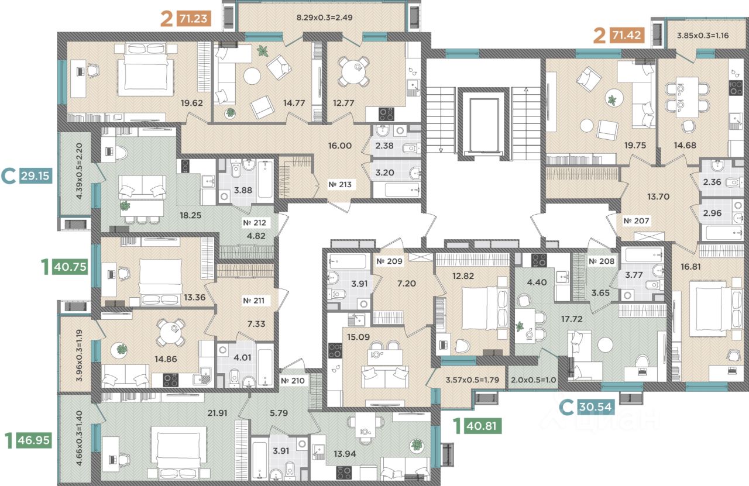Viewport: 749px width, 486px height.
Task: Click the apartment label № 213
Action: [340, 184]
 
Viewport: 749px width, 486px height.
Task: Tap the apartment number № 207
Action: [636, 220]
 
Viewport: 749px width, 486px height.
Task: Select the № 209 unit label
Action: [389, 261]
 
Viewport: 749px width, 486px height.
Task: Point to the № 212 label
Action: [255, 222]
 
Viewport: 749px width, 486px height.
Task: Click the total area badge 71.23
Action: [194, 18]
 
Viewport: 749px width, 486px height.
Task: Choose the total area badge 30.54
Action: [596, 407]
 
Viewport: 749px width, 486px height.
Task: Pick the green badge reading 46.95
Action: [33, 440]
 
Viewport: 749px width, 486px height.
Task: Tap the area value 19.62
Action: [191, 103]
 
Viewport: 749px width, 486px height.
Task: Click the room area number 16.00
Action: [340, 146]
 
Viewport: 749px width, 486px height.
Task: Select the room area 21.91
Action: [217, 413]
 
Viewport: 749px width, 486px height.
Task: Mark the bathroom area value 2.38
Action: [384, 146]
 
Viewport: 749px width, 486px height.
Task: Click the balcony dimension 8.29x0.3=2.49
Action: [324, 18]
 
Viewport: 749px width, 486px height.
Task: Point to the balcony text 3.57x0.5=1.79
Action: [472, 380]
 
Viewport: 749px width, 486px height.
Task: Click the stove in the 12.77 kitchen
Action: [386, 114]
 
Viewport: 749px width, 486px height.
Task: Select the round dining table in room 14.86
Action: [170, 333]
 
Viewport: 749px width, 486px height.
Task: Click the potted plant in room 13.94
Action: [417, 444]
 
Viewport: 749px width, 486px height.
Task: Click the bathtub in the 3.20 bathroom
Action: [401, 190]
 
